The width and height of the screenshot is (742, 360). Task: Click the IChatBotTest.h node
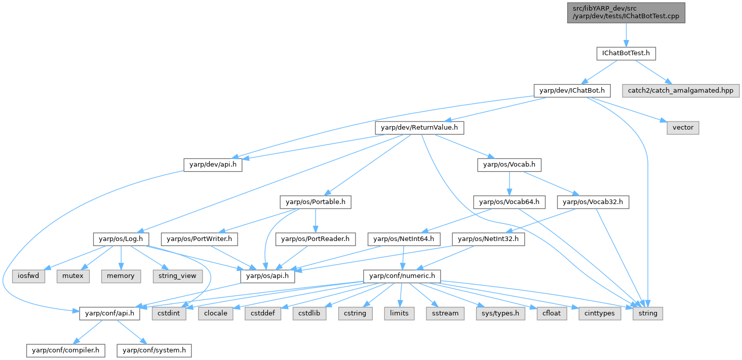626,53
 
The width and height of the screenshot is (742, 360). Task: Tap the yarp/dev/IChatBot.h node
572,91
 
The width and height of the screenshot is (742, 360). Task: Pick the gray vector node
683,128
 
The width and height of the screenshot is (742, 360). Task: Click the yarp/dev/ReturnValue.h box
419,128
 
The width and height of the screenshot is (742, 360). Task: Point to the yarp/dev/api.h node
213,165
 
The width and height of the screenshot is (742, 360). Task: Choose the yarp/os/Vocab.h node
510,165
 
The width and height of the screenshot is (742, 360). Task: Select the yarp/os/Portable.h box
316,202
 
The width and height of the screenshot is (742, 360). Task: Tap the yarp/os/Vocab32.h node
593,202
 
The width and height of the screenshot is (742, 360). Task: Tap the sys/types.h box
498,313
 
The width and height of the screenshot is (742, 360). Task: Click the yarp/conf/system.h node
154,350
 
